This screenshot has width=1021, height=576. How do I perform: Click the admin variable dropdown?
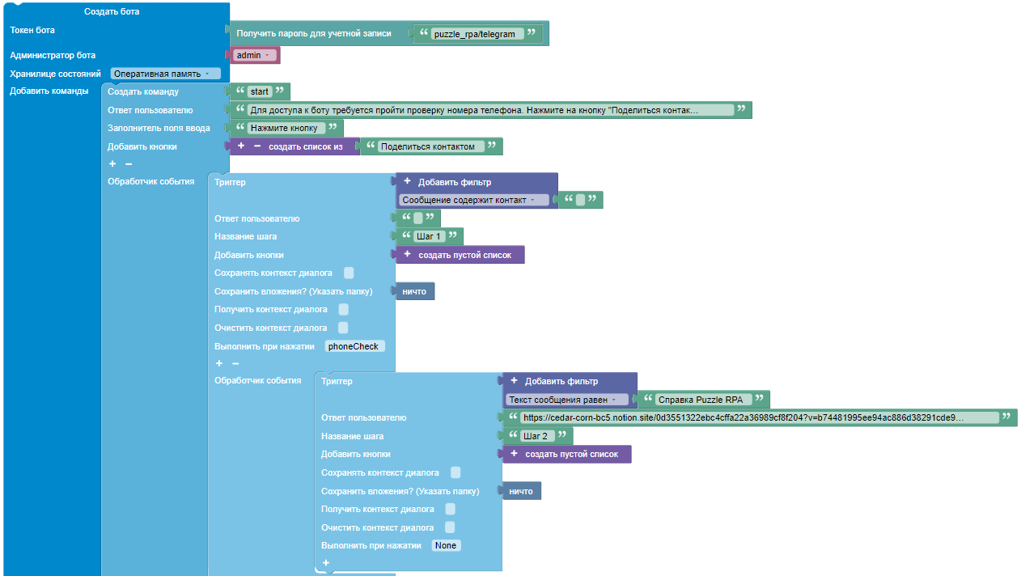253,55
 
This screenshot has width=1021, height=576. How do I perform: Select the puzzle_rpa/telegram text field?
474,34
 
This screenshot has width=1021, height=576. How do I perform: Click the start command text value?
260,91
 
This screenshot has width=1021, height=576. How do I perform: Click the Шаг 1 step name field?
429,236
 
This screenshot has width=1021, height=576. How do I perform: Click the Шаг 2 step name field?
536,436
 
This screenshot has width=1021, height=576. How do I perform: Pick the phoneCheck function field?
354,346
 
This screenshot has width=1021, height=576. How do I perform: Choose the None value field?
446,545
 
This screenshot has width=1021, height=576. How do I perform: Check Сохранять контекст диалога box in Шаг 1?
349,273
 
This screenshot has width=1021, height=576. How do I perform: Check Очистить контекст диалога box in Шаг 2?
450,527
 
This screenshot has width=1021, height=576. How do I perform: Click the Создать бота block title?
112,12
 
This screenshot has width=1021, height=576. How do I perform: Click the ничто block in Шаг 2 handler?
522,491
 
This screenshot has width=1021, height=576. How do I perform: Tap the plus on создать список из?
241,146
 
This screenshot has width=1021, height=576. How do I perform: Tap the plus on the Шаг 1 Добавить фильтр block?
408,181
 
